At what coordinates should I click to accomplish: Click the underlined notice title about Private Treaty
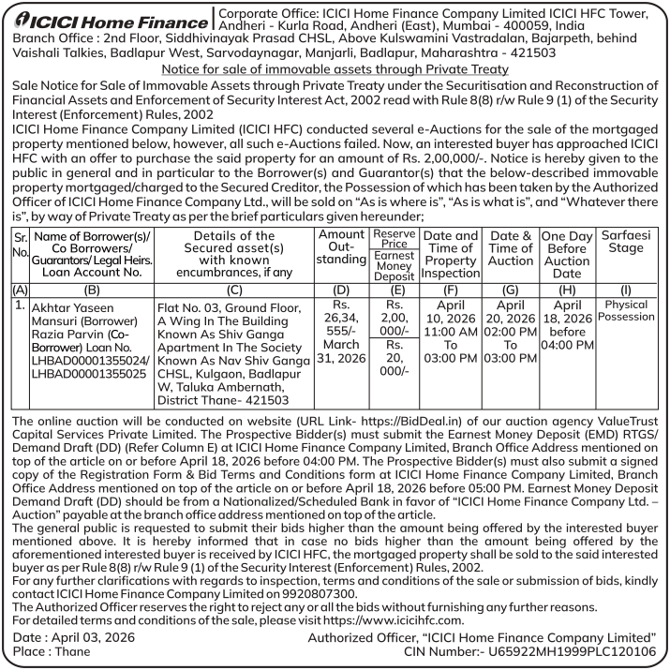pos(335,70)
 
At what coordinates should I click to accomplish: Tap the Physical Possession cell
pos(627,311)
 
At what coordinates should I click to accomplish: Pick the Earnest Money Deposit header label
pos(393,265)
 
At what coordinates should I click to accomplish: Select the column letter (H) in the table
pos(567,290)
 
